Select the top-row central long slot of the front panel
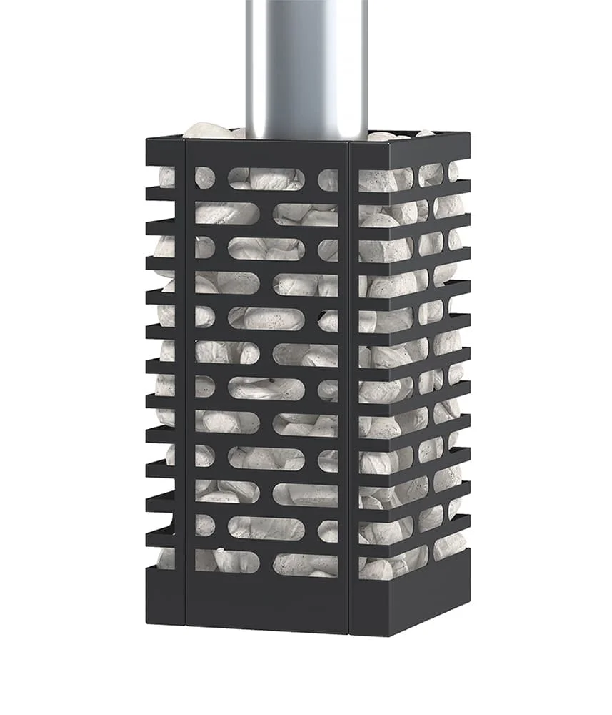[x=266, y=178]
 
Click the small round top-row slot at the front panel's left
[x=204, y=177]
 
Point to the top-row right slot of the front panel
[x=328, y=179]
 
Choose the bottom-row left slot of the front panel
[x=227, y=562]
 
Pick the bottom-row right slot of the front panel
[x=306, y=564]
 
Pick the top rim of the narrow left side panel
[x=165, y=152]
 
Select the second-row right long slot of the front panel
[x=306, y=212]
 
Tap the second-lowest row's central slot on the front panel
[x=266, y=528]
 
